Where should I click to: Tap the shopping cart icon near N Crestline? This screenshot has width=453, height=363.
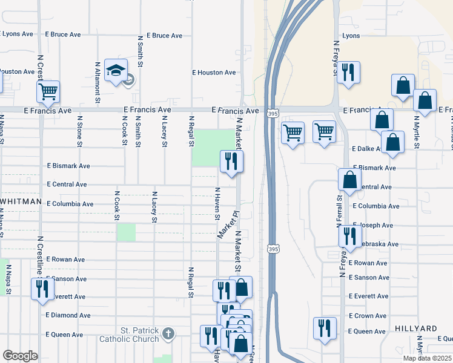click(x=48, y=93)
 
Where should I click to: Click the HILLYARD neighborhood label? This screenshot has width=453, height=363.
click(x=416, y=329)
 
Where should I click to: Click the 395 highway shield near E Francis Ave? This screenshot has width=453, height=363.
click(x=272, y=114)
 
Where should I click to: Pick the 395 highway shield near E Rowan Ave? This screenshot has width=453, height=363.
click(x=272, y=249)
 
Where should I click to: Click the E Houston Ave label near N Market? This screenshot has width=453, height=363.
click(x=214, y=73)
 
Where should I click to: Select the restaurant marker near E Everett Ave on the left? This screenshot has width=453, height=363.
click(x=42, y=288)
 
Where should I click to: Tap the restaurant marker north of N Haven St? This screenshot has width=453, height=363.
click(x=231, y=161)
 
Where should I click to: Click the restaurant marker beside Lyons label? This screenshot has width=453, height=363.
click(x=348, y=73)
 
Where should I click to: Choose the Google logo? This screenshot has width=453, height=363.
click(x=20, y=356)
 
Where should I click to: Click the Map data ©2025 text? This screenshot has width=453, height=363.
click(x=427, y=358)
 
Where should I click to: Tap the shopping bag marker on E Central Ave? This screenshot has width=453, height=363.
click(x=350, y=180)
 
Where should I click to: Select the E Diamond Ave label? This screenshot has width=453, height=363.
click(x=68, y=315)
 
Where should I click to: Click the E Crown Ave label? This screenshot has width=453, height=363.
click(x=368, y=316)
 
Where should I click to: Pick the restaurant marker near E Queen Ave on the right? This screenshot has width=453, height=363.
click(x=325, y=329)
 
